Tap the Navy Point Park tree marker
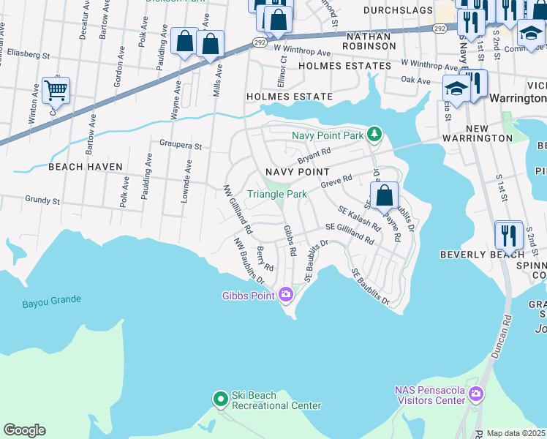374,135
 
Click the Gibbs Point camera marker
285,295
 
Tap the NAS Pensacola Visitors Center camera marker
476,395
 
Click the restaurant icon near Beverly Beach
508,235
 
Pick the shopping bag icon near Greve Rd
384,196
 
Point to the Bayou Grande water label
51,300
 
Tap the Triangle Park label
277,194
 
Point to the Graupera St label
176,146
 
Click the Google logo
24,430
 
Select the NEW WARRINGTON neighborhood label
478,138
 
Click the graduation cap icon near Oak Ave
456,89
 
